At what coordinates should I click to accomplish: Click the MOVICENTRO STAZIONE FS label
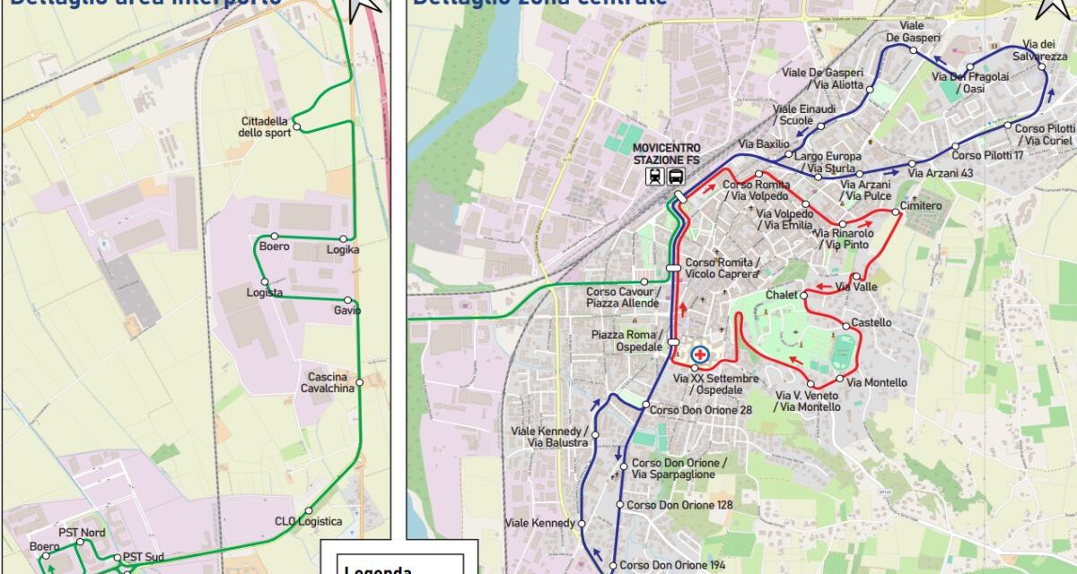click(665, 153)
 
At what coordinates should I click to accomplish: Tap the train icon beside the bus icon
click(654, 177)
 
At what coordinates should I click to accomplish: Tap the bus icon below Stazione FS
click(675, 177)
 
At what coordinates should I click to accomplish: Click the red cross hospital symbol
click(700, 354)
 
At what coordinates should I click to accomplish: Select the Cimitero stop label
click(922, 206)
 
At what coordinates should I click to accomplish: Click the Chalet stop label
click(781, 294)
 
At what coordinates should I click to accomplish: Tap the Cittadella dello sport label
click(266, 127)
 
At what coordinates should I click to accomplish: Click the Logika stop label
click(343, 249)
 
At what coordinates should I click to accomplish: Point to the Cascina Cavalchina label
click(327, 382)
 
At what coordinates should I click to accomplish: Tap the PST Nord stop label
click(82, 533)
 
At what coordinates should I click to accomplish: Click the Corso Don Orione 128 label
click(679, 505)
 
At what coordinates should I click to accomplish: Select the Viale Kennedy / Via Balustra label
click(549, 437)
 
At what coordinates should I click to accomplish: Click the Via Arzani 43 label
click(941, 172)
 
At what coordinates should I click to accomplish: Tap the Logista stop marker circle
click(264, 282)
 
